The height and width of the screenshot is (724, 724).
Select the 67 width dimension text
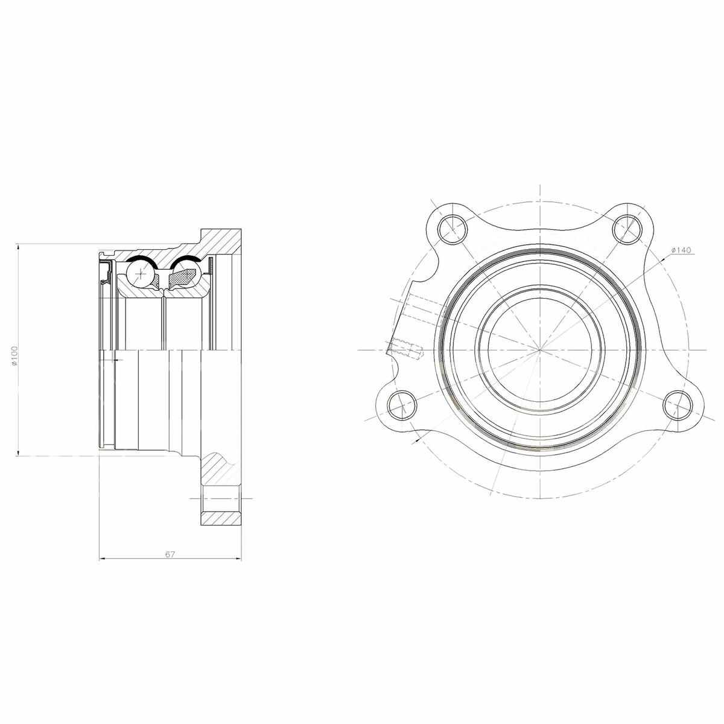(x=170, y=554)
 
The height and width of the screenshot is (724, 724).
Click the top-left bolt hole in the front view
(x=452, y=228)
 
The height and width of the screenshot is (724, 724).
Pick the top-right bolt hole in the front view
(x=628, y=228)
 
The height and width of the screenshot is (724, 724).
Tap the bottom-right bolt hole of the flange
(x=679, y=405)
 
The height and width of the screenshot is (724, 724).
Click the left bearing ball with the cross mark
(x=142, y=275)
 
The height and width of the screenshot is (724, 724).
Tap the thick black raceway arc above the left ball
(x=143, y=259)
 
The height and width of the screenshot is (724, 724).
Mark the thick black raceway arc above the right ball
(x=187, y=260)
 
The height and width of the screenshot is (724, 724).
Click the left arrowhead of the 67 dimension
(x=101, y=559)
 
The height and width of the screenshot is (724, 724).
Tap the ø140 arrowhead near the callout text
(x=664, y=258)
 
